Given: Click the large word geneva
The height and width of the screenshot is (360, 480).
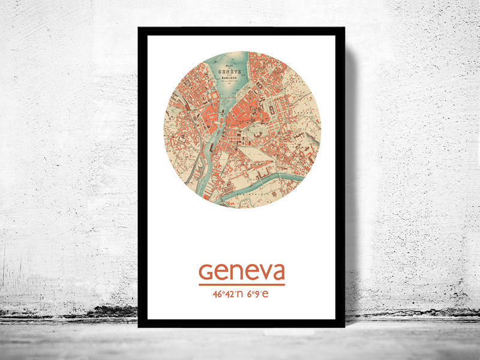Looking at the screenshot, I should tap(242, 271).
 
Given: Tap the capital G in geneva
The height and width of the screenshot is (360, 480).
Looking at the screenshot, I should tap(205, 272).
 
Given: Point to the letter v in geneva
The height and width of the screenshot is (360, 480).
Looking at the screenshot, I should tap(263, 273).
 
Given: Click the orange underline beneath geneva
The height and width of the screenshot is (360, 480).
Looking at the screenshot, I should tap(242, 284).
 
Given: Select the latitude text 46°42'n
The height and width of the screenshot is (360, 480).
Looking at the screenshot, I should tap(228, 295).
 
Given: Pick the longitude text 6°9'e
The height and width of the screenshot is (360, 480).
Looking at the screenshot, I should tap(259, 295).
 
